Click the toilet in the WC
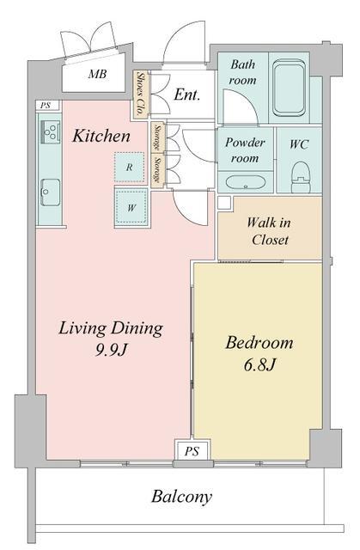click(x=301, y=177)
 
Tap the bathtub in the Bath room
click(x=289, y=88)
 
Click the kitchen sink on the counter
click(x=50, y=192)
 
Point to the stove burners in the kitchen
click(x=51, y=131)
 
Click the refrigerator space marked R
click(x=129, y=167)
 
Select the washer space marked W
click(x=131, y=208)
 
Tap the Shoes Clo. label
click(x=141, y=94)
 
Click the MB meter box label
click(x=97, y=74)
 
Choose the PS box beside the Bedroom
click(x=192, y=450)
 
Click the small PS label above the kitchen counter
click(x=45, y=105)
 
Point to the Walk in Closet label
click(x=269, y=231)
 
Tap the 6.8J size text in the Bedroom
click(x=259, y=365)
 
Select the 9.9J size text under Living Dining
click(x=111, y=350)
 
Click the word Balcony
click(x=181, y=497)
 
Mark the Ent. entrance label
click(x=187, y=95)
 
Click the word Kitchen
click(x=101, y=136)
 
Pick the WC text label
click(x=299, y=144)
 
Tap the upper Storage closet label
click(x=157, y=137)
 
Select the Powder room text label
click(x=245, y=150)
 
